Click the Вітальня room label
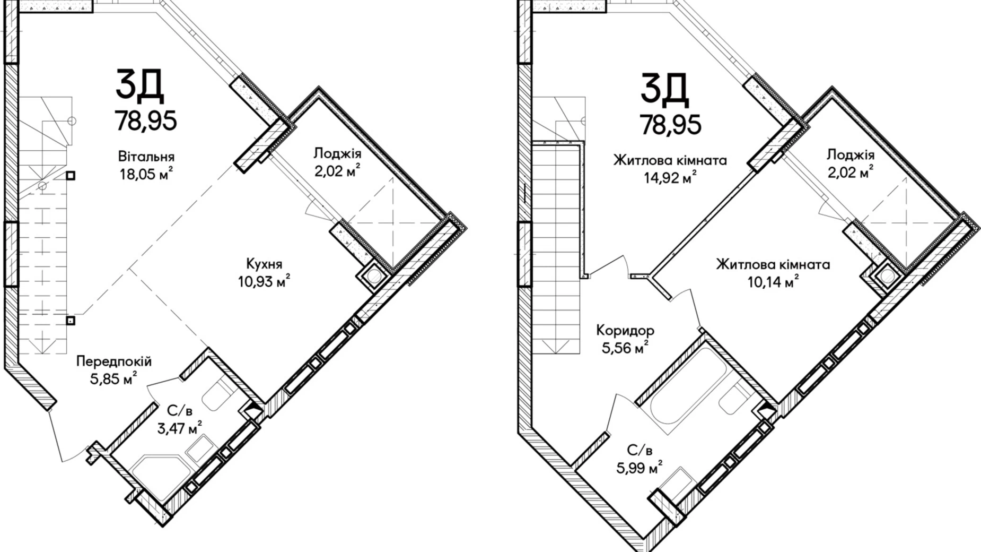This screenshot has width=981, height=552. click(146, 157)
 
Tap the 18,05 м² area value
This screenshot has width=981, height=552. click(146, 175)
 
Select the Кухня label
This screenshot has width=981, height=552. click(264, 264)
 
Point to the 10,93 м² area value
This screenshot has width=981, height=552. click(264, 282)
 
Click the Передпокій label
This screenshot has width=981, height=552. click(114, 361)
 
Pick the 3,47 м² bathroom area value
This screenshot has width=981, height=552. click(179, 428)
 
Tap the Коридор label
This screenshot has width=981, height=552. click(625, 331)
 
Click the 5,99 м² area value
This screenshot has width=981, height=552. click(640, 468)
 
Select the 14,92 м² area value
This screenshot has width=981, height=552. click(670, 178)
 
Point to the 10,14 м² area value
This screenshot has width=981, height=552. click(773, 282)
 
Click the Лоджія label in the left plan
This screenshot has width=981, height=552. click(337, 154)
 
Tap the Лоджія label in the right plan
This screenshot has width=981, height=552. click(851, 155)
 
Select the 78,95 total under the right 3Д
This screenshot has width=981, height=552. click(670, 125)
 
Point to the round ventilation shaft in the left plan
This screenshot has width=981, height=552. click(373, 277)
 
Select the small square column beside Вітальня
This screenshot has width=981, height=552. click(71, 176)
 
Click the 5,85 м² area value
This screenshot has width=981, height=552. click(114, 379)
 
